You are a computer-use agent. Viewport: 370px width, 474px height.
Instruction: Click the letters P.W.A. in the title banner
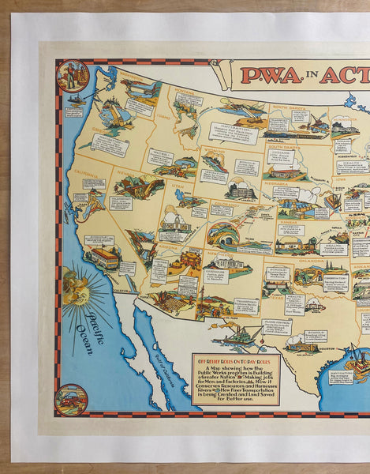pos(267,76)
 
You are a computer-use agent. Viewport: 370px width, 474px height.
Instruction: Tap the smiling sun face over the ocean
pos(77,287)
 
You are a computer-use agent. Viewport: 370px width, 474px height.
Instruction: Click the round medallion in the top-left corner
pos(73,77)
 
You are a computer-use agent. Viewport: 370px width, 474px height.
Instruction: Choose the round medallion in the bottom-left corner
pos(72,399)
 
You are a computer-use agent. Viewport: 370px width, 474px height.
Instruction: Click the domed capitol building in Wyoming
pos(241,190)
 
